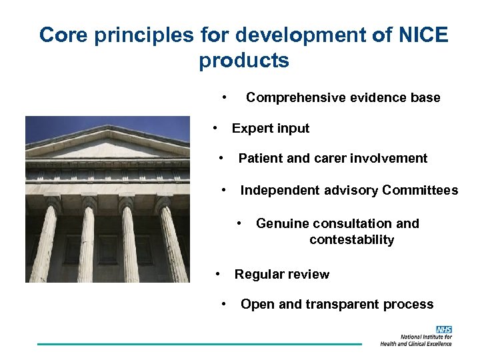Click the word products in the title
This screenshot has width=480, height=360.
click(244, 61)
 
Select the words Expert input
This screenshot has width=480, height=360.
click(271, 128)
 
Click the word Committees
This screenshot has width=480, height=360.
click(420, 191)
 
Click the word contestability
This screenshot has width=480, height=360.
click(352, 240)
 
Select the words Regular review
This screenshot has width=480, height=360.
click(282, 274)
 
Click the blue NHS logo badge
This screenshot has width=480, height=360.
click(443, 329)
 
